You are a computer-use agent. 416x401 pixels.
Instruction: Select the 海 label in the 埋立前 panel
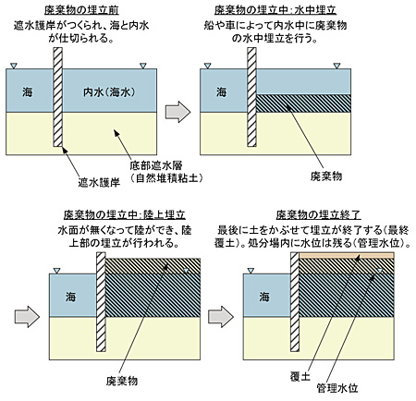27,92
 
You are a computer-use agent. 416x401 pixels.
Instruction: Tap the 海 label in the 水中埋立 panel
222,92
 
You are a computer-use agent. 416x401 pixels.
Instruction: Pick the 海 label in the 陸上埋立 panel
67,292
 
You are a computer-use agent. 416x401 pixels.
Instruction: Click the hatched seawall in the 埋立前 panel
57,96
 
